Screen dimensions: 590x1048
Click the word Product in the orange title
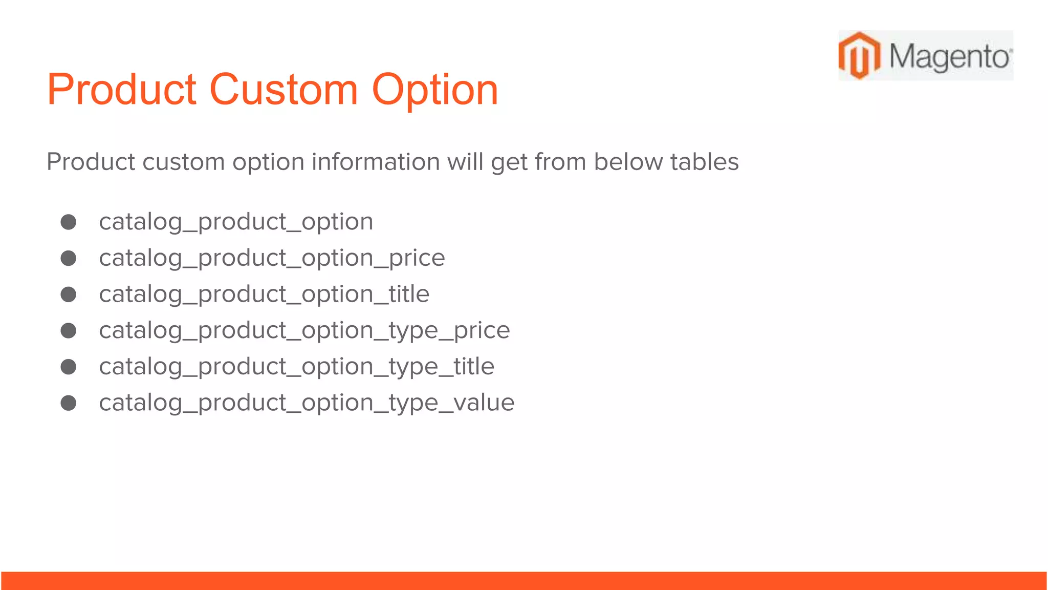122,90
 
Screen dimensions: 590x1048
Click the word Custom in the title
283,90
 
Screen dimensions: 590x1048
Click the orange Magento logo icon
859,55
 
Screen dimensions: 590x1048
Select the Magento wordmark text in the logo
949,56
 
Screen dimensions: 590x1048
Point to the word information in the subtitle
376,162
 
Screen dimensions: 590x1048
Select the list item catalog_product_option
236,222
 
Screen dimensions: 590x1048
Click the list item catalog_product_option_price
272,258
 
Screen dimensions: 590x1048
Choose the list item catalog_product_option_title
264,294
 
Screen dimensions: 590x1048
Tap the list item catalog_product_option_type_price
304,331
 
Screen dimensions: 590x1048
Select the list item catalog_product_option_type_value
307,403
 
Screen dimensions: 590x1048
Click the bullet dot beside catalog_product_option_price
69,258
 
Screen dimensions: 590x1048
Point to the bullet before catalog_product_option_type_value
69,403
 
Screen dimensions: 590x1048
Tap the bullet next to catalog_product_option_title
69,294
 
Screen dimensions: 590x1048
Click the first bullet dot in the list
69,222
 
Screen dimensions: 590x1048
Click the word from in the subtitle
560,162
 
